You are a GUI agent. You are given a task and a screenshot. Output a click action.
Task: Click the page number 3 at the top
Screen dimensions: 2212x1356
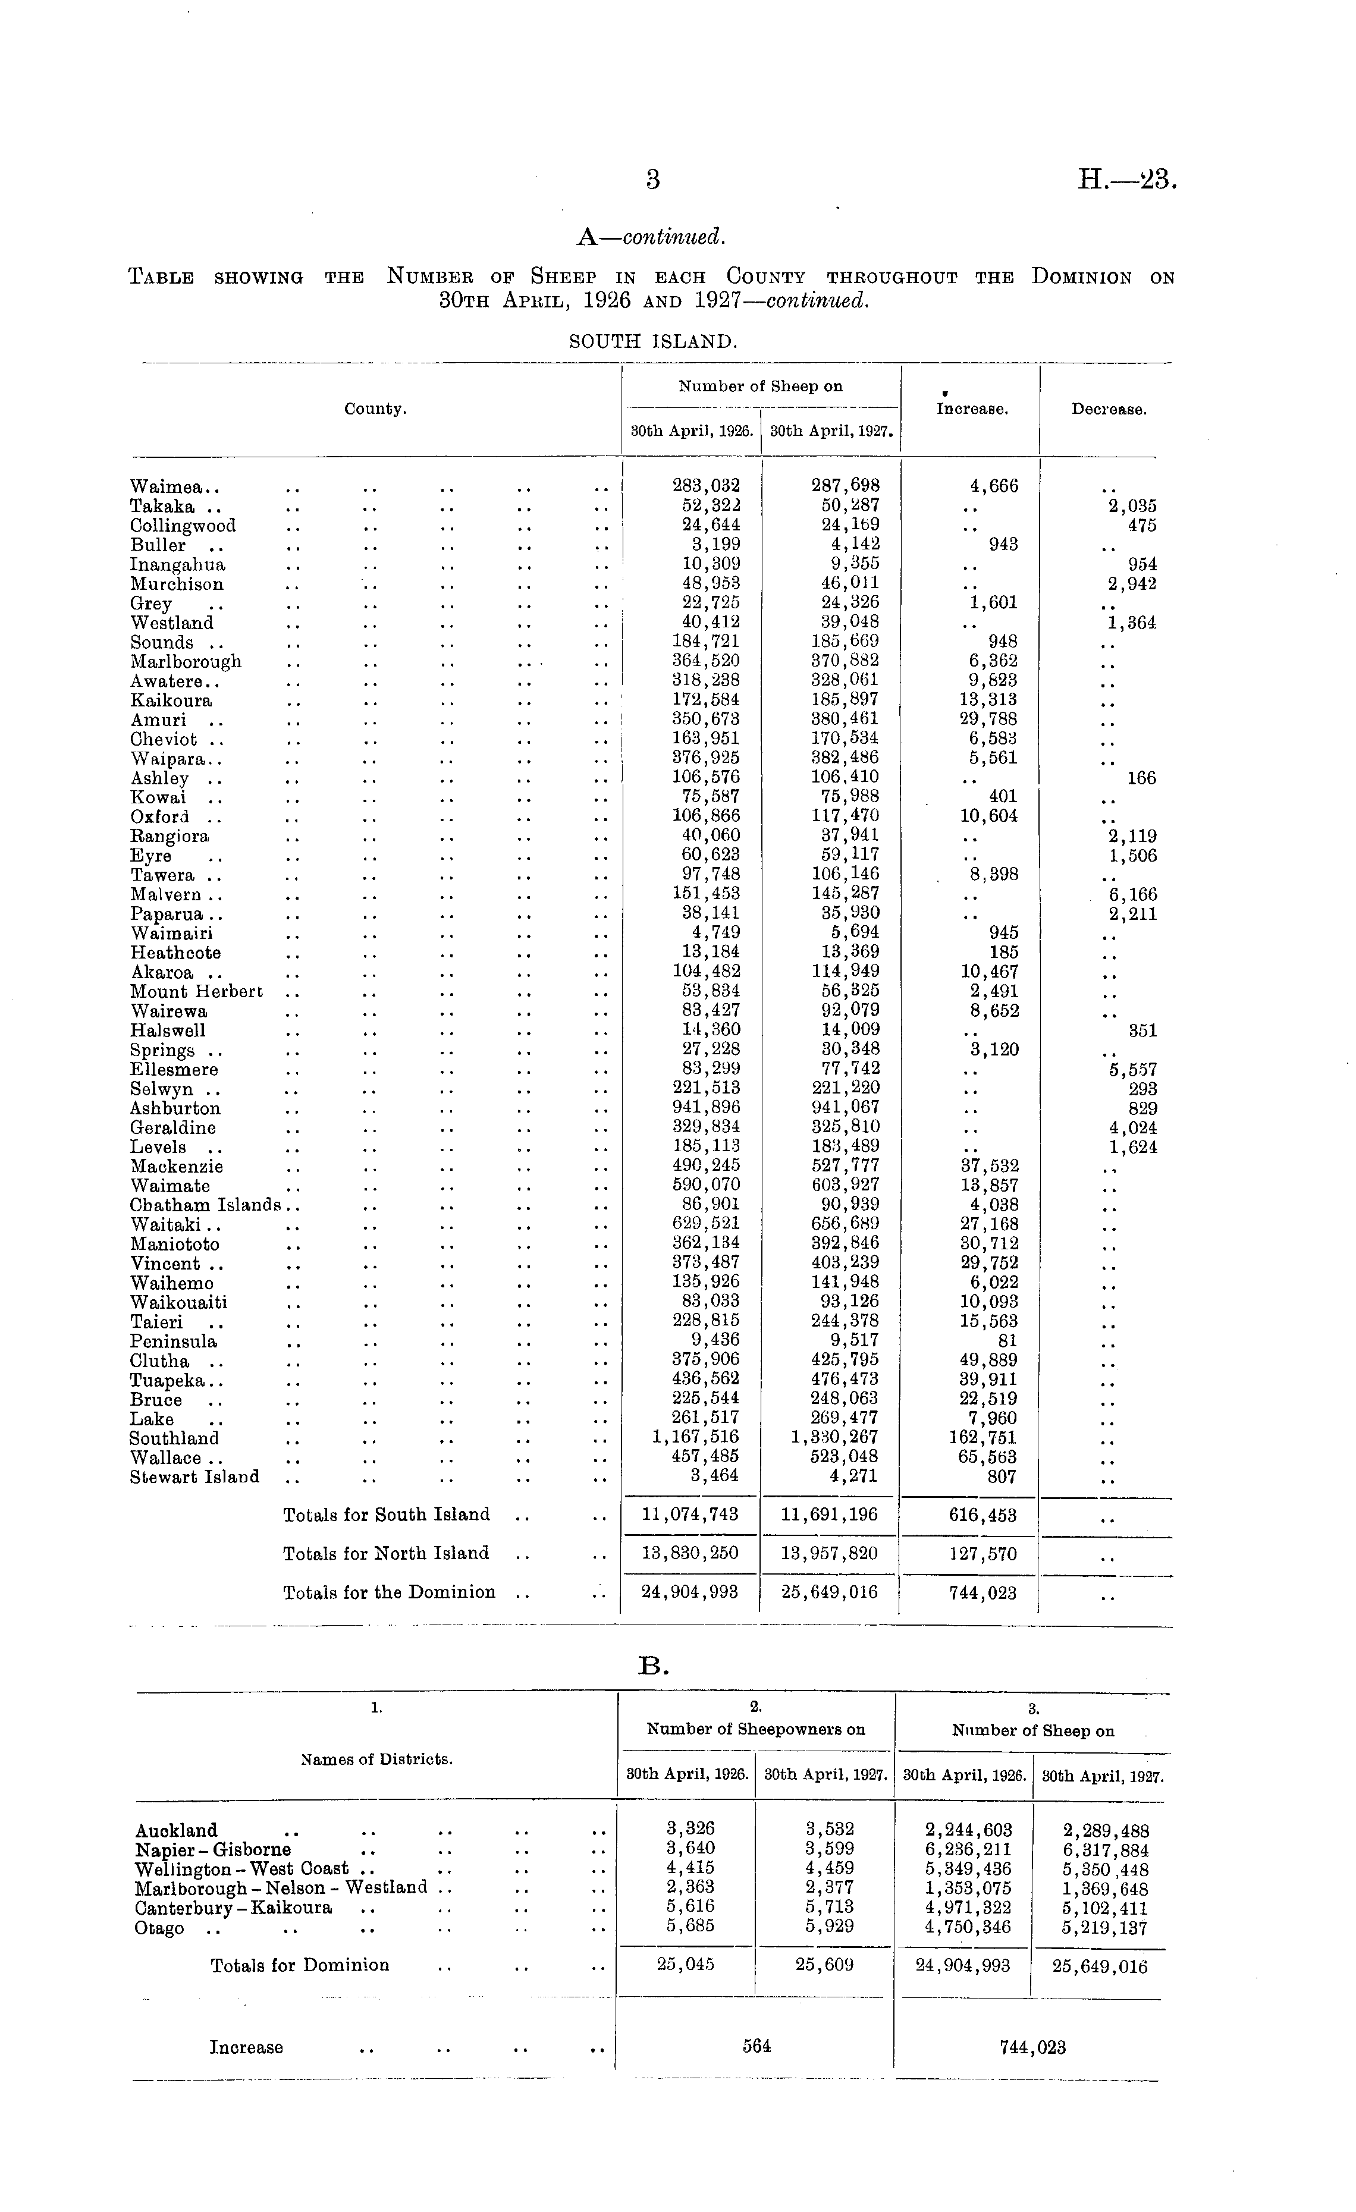(x=653, y=180)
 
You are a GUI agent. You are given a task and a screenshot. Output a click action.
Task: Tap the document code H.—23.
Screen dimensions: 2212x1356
(x=1126, y=180)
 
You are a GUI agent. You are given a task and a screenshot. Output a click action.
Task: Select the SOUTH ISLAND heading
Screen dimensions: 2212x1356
(x=653, y=342)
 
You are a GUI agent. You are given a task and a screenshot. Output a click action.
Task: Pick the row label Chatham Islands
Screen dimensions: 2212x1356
(x=205, y=1205)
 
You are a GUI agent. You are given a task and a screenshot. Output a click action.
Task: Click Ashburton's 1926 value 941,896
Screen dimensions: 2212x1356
(x=706, y=1107)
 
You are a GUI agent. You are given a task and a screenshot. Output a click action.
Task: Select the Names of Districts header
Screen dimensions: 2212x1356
(x=376, y=1759)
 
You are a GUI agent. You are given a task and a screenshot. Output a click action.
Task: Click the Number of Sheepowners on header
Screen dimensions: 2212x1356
(x=755, y=1729)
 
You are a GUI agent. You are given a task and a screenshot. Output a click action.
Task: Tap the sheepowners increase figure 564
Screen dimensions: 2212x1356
(x=756, y=2046)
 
